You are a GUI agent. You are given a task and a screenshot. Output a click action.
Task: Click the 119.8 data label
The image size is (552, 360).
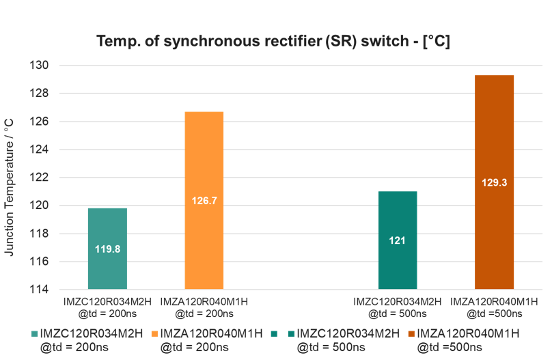point(107,249)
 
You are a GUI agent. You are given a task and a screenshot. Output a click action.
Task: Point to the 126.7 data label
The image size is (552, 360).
point(204,202)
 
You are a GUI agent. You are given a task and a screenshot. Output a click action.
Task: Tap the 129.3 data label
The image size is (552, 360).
point(494,183)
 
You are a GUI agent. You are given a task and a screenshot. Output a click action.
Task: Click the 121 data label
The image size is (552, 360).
point(397,241)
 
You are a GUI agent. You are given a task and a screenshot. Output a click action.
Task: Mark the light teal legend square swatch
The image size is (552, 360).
point(35,334)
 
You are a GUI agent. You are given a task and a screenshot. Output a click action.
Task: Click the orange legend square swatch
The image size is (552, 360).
point(154,334)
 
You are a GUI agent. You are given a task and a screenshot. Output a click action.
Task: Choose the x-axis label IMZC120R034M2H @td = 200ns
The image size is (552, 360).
point(107,307)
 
